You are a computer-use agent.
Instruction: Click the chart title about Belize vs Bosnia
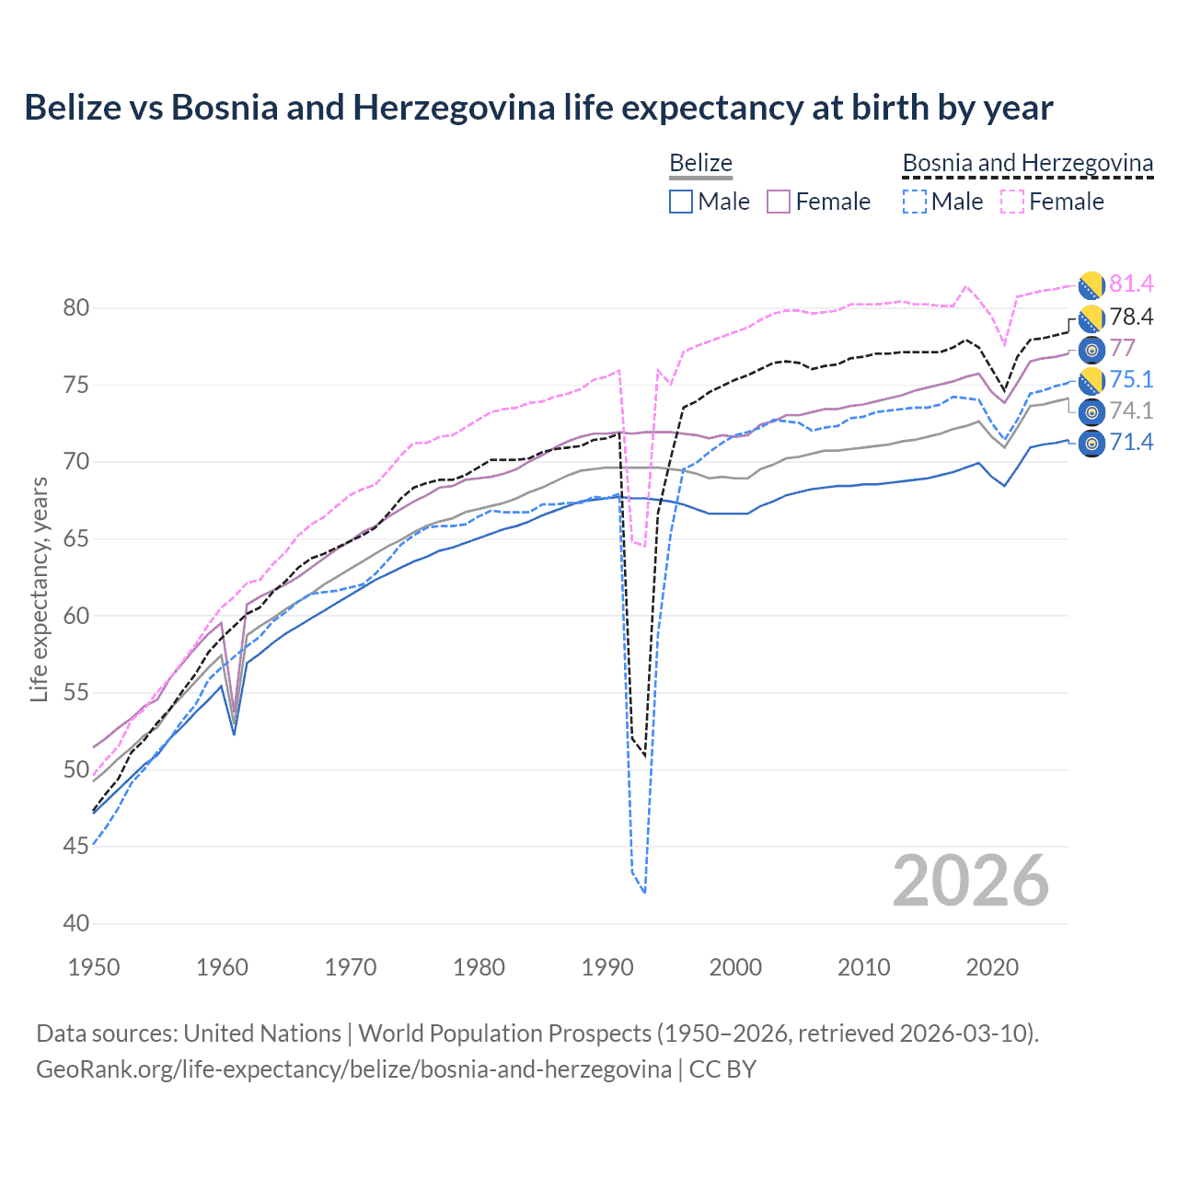pyautogui.click(x=538, y=108)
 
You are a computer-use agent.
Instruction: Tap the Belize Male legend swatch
pyautogui.click(x=681, y=202)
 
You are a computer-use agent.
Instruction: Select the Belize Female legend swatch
pyautogui.click(x=779, y=202)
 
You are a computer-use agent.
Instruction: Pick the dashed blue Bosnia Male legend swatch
pyautogui.click(x=914, y=202)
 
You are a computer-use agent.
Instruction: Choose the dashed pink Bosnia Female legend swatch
pyautogui.click(x=1012, y=202)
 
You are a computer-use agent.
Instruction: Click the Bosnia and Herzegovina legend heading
pyautogui.click(x=1027, y=163)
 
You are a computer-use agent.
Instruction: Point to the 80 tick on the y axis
pyautogui.click(x=76, y=308)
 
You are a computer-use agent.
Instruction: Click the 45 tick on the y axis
pyautogui.click(x=76, y=847)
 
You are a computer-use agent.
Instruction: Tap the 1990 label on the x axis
pyautogui.click(x=607, y=967)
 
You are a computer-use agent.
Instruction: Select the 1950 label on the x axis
pyautogui.click(x=94, y=967)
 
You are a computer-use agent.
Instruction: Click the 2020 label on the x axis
pyautogui.click(x=992, y=967)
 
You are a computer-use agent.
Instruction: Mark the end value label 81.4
pyautogui.click(x=1131, y=284)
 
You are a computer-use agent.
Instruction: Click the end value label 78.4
pyautogui.click(x=1131, y=318)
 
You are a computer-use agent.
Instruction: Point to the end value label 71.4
pyautogui.click(x=1131, y=443)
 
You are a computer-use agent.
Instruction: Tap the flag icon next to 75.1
pyautogui.click(x=1091, y=380)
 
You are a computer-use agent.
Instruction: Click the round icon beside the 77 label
pyautogui.click(x=1091, y=349)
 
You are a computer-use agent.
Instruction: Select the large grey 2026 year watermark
pyautogui.click(x=971, y=881)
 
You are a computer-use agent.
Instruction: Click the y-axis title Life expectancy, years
pyautogui.click(x=39, y=590)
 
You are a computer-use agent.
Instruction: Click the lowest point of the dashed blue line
pyautogui.click(x=644, y=892)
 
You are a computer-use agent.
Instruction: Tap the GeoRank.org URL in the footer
pyautogui.click(x=353, y=1069)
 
